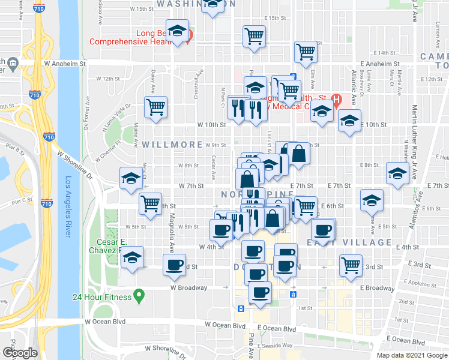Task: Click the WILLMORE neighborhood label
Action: pyautogui.click(x=172, y=145)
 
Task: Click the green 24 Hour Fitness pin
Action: pyautogui.click(x=139, y=295)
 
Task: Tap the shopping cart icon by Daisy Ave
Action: pyautogui.click(x=156, y=108)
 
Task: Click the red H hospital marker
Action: pyautogui.click(x=337, y=99)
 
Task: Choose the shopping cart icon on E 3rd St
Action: pyautogui.click(x=351, y=265)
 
